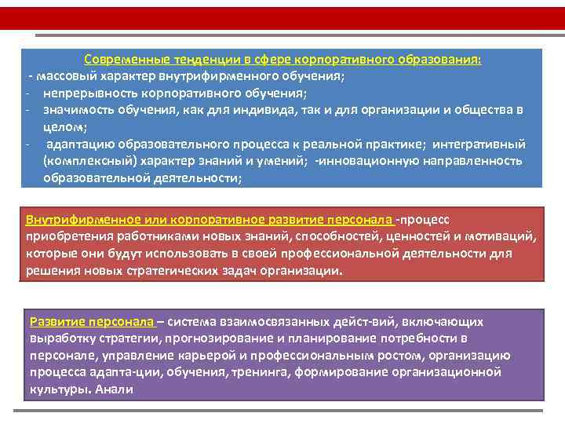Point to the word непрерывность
86,93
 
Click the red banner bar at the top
282,18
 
